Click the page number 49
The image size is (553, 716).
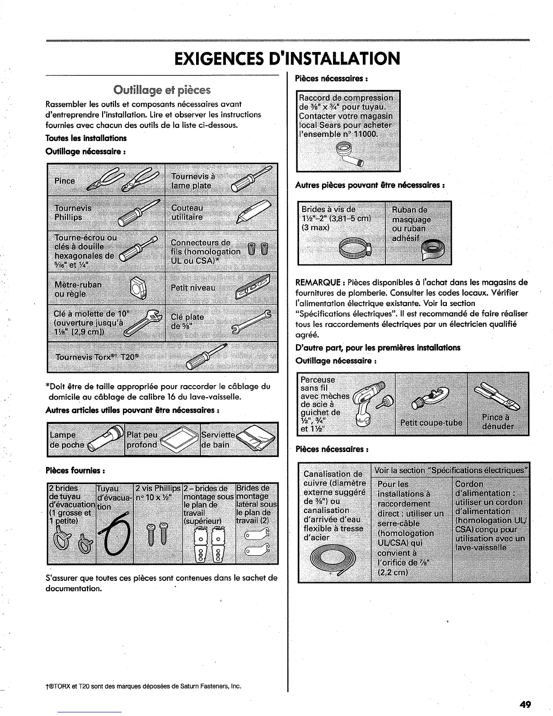click(x=525, y=704)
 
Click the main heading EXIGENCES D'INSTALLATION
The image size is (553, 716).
click(x=287, y=58)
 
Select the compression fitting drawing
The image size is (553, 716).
click(x=349, y=154)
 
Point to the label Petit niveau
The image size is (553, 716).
click(x=193, y=288)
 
